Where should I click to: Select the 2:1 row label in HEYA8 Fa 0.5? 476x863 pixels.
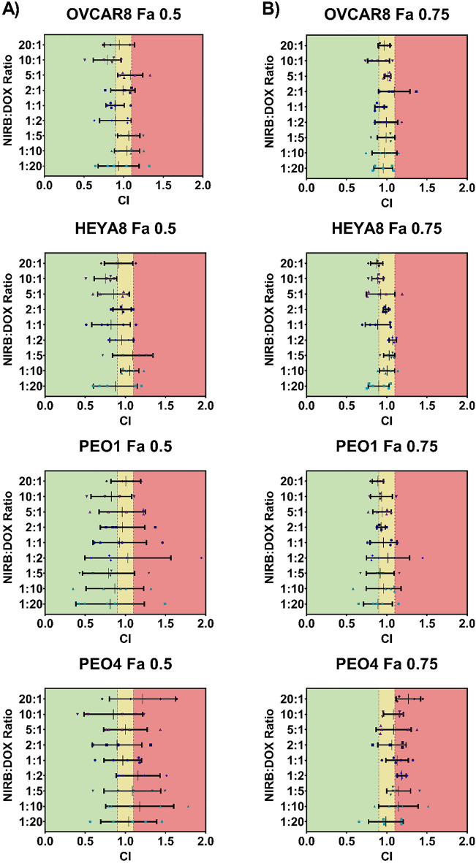pos(30,309)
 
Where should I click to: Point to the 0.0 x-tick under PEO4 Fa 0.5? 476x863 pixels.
pos(45,842)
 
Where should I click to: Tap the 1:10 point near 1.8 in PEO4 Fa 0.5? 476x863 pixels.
pos(189,806)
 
